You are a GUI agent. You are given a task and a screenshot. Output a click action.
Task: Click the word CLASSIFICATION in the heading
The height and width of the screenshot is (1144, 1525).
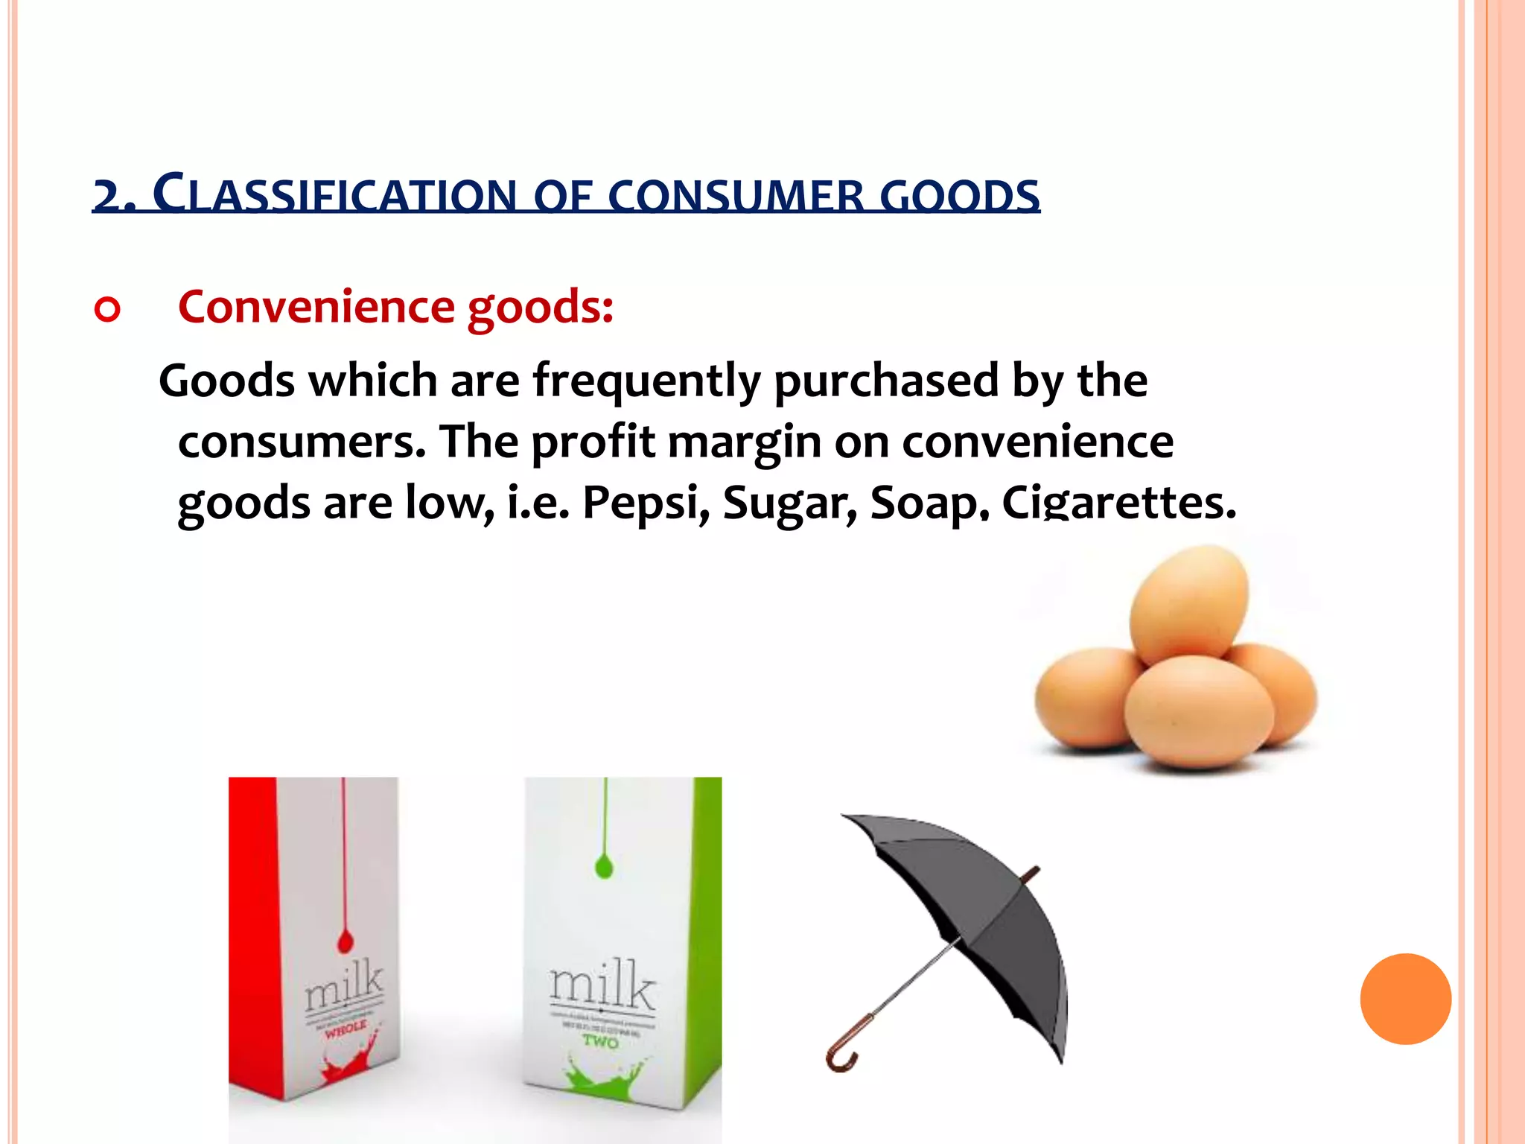click(x=334, y=195)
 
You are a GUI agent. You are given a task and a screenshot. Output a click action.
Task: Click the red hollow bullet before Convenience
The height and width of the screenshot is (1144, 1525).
click(x=107, y=309)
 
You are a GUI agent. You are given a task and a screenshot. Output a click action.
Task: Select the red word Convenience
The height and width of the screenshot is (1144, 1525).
click(x=316, y=306)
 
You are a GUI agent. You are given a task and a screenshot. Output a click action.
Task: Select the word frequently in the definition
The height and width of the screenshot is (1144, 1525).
click(x=646, y=381)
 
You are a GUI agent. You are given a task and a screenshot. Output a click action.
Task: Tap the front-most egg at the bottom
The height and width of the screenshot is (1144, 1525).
click(x=1197, y=711)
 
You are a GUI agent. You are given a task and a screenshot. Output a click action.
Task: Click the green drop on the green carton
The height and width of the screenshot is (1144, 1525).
click(x=605, y=865)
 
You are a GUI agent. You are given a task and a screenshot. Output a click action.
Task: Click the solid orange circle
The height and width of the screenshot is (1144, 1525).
click(x=1405, y=999)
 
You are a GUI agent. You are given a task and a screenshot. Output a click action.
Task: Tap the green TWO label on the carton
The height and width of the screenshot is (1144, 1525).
click(x=600, y=1041)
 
